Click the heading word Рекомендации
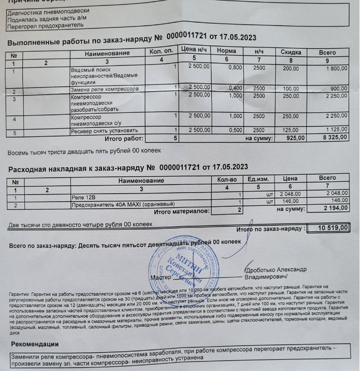(x=37, y=344)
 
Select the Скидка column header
(x=290, y=52)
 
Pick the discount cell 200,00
(x=290, y=68)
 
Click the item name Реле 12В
(x=83, y=196)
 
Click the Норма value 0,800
(x=235, y=67)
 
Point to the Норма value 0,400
(x=235, y=88)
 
